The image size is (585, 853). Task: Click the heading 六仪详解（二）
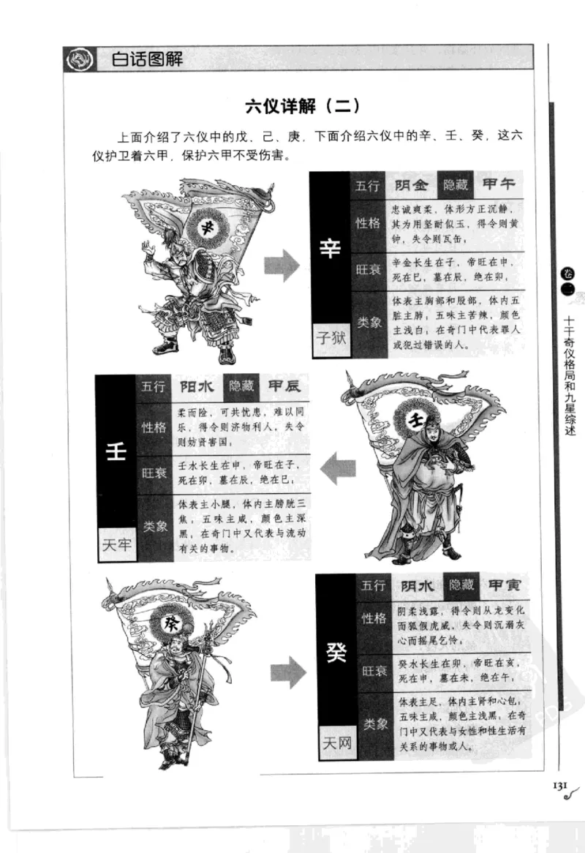[x=302, y=105]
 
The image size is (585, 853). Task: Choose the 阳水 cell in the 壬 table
[x=196, y=386]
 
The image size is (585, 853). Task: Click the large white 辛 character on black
[x=330, y=249]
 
